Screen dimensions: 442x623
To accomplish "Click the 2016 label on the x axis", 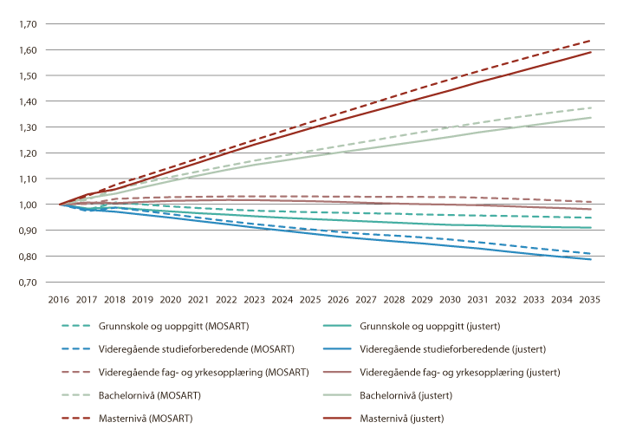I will pos(59,299).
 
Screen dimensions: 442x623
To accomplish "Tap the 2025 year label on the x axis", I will pos(311,299).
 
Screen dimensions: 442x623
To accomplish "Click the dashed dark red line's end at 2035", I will pos(591,41).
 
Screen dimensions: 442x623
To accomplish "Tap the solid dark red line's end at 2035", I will pos(591,52).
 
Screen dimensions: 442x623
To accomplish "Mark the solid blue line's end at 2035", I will pos(591,259).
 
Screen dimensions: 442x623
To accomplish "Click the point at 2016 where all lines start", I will pos(60,205).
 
